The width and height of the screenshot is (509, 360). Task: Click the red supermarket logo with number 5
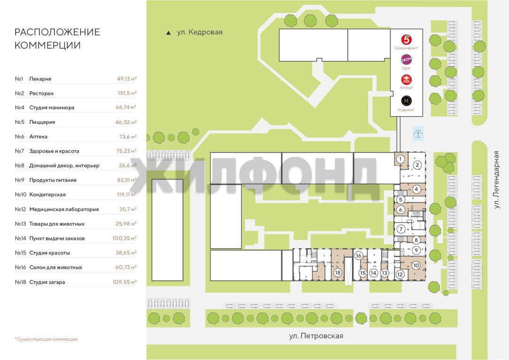406,40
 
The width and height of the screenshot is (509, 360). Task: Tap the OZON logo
406,60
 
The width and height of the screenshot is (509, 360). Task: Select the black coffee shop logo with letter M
406,101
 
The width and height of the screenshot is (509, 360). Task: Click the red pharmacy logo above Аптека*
406,80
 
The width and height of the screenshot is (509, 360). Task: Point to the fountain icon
418,133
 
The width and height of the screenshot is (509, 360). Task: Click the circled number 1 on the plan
400,159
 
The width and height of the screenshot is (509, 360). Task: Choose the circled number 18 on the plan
337,273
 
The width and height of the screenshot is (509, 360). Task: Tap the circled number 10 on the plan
416,266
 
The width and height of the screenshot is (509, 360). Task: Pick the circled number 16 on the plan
358,256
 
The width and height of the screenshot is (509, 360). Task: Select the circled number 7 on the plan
401,229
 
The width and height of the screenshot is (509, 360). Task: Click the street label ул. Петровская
316,336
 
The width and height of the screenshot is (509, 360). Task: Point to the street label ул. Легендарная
496,180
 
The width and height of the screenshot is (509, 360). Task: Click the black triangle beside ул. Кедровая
168,33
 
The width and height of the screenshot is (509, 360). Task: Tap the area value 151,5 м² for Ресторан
127,93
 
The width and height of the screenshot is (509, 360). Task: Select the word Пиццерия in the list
42,122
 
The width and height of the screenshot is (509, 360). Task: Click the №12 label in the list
20,209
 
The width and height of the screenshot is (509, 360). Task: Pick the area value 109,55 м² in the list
124,282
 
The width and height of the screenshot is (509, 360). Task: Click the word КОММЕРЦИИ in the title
48,45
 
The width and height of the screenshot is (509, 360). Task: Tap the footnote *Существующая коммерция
46,339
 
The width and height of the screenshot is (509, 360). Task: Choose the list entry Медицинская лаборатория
64,209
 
